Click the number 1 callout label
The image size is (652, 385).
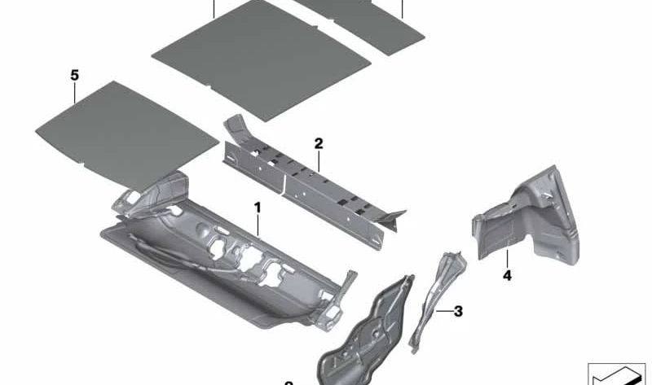coord(258,208)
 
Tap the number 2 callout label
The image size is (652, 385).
coord(319,144)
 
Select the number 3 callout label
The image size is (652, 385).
coord(458,310)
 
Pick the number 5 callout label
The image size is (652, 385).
coord(74,75)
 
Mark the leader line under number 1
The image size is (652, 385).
coord(258,225)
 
